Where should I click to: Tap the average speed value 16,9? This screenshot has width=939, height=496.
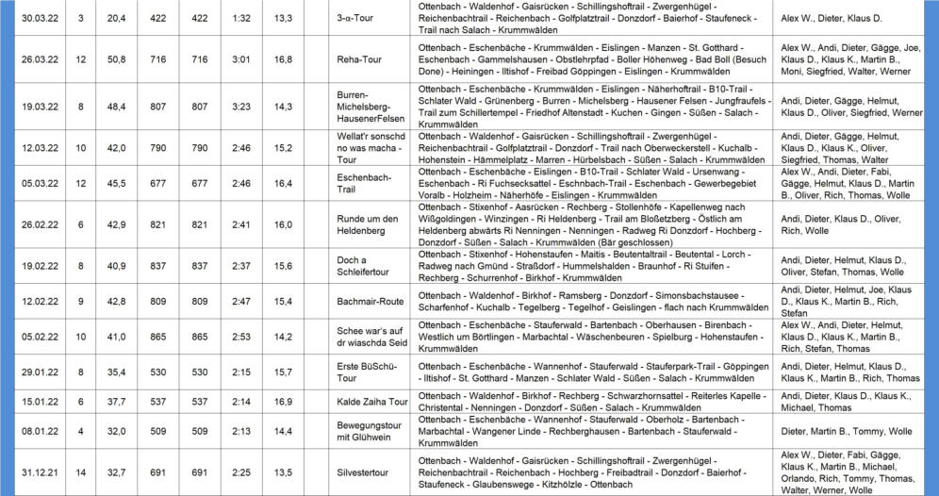point(282,401)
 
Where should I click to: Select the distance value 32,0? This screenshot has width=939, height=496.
point(117,431)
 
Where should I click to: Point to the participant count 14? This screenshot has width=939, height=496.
point(81,471)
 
